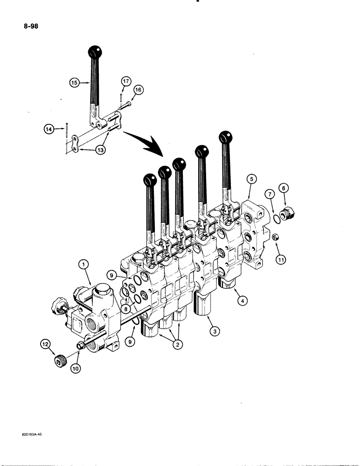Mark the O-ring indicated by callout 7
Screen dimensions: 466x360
pos(277,218)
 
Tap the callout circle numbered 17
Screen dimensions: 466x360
pos(125,81)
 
